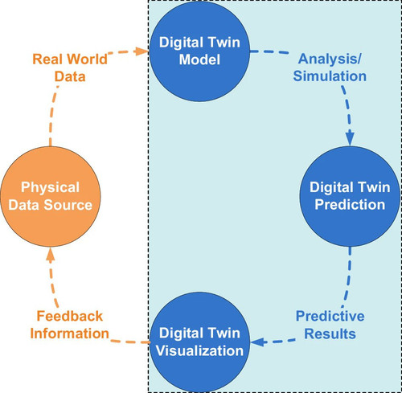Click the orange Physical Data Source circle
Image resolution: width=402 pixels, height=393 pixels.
point(51,196)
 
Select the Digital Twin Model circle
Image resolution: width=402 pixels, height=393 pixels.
point(199,51)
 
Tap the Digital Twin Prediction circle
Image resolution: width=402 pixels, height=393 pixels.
point(350,196)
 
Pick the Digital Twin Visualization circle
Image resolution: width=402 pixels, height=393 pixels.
point(199,342)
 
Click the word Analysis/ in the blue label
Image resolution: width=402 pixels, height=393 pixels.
point(330,59)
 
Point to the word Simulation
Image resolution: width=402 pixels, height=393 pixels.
point(330,76)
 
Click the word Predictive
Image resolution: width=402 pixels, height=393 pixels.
point(330,316)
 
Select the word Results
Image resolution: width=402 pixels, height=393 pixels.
point(330,334)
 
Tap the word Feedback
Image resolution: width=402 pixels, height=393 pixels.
point(70,316)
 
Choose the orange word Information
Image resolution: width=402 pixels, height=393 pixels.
point(70,334)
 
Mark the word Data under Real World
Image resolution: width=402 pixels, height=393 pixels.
point(70,76)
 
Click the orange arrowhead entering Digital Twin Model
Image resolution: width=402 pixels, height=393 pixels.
point(142,51)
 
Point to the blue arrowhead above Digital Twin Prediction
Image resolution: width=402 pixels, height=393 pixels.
point(350,138)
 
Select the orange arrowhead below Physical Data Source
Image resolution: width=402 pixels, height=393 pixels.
point(51,254)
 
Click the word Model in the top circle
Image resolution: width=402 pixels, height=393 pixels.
point(199,59)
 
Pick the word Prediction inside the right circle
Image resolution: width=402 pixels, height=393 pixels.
point(350,205)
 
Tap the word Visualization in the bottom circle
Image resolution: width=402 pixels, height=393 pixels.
point(199,350)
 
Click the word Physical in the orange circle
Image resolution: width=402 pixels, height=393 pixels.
point(51,187)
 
